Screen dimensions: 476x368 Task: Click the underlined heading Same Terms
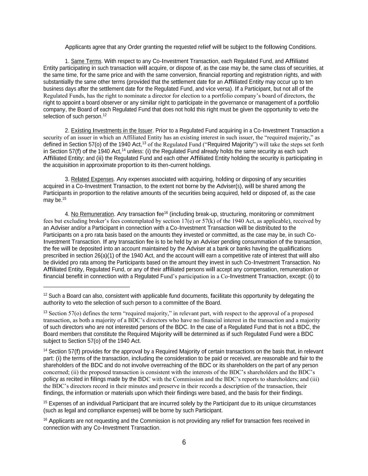pyautogui.click(x=86, y=61)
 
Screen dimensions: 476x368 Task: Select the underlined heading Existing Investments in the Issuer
pyautogui.click(x=112, y=131)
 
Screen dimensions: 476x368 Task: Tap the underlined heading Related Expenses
pyautogui.click(x=92, y=179)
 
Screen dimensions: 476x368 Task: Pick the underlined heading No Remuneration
pyautogui.click(x=92, y=214)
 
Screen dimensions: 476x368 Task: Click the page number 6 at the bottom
pyautogui.click(x=184, y=443)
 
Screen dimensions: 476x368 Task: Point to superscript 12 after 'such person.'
pyautogui.click(x=104, y=115)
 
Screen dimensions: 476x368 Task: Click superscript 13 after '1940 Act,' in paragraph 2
pyautogui.click(x=143, y=143)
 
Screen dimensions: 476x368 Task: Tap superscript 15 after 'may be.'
pyautogui.click(x=64, y=199)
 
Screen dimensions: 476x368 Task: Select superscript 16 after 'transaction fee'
pyautogui.click(x=166, y=213)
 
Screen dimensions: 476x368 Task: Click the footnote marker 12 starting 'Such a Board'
pyautogui.click(x=45, y=295)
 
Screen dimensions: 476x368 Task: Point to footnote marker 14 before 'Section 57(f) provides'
pyautogui.click(x=45, y=350)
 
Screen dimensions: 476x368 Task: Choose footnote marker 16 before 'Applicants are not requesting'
pyautogui.click(x=45, y=420)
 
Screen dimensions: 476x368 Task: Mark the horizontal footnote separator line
pyautogui.click(x=87, y=287)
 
